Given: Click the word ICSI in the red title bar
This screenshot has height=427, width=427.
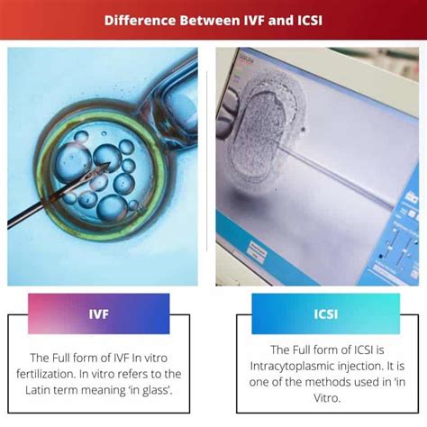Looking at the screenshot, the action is click(310, 21).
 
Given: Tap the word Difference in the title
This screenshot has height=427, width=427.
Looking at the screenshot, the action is click(140, 21).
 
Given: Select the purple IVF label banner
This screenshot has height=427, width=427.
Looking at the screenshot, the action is click(99, 313).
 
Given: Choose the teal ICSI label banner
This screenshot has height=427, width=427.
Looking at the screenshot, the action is click(326, 313).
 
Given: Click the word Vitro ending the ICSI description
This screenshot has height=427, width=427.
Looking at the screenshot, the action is click(327, 398).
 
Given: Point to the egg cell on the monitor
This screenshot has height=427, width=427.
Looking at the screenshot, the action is click(260, 136).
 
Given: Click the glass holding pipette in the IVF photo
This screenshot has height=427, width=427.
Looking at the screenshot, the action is click(174, 99).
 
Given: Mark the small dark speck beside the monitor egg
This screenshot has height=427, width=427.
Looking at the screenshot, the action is click(303, 130).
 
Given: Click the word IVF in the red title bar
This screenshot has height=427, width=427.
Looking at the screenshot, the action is click(252, 21).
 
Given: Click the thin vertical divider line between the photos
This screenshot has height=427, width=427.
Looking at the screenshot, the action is click(207, 161).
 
